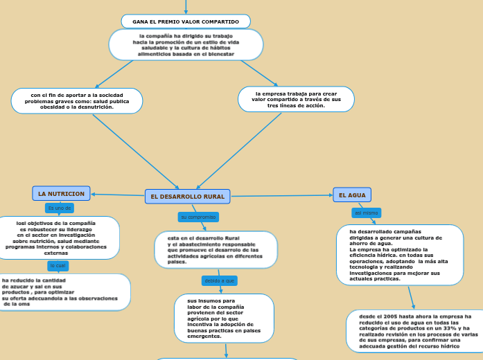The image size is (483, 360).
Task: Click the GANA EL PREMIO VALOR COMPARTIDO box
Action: point(186,21)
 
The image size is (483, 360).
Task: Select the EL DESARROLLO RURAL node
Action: point(187,197)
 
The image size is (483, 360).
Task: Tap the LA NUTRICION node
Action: point(61,194)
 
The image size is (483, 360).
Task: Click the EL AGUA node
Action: point(352,195)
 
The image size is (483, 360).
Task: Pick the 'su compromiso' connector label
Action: point(199,217)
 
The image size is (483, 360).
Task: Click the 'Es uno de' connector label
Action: point(59,208)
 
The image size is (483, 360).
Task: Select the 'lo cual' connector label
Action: point(58,265)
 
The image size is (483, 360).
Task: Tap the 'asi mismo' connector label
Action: point(367,213)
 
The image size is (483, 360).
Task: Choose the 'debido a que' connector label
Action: point(219,280)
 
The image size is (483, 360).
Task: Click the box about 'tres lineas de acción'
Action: point(296,99)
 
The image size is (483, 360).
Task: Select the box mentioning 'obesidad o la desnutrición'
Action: point(77,100)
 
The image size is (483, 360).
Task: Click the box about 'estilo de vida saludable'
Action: point(186,44)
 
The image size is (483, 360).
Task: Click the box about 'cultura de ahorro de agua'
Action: point(400,254)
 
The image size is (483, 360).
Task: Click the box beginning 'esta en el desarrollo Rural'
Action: point(216,250)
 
